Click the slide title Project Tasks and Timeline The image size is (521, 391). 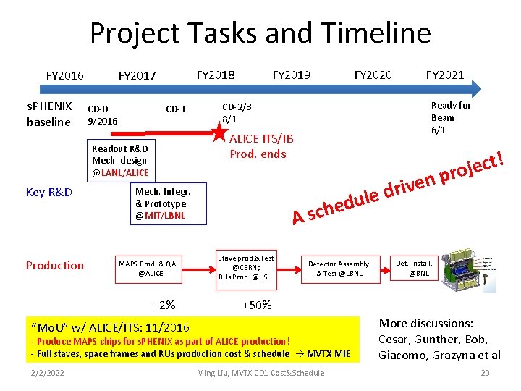click(260, 33)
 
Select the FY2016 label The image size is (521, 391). click(65, 75)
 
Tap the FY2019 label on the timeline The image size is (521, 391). click(291, 74)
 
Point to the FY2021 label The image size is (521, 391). click(445, 74)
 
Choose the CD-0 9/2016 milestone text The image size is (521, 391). click(102, 114)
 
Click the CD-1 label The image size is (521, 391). click(176, 109)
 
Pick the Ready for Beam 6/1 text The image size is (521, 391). click(450, 117)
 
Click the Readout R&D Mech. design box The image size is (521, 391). click(120, 160)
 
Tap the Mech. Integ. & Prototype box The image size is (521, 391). click(162, 203)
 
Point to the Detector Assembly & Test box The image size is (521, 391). click(339, 268)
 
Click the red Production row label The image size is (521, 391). click(55, 265)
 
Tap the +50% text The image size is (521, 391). click(257, 305)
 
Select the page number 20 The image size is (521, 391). click(485, 373)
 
